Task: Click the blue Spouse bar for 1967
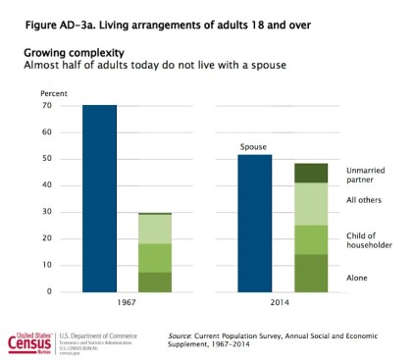99,197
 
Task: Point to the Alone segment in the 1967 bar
154,282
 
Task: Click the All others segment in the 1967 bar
154,229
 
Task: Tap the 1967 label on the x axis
127,304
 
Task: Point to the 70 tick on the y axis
46,105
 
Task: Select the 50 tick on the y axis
46,159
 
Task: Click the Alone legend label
358,279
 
